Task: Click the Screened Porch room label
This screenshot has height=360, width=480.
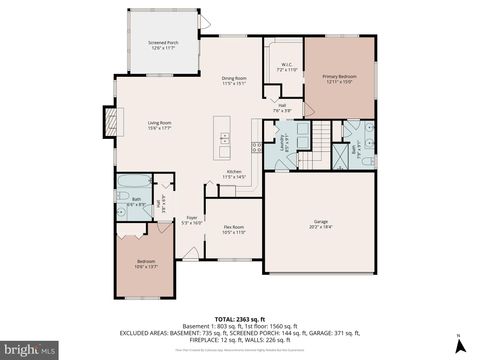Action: (163, 46)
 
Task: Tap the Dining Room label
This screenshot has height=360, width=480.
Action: (233, 81)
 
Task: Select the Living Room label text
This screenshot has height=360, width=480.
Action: (159, 124)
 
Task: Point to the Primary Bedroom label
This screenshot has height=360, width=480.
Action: (340, 78)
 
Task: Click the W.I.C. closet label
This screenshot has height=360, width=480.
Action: (285, 67)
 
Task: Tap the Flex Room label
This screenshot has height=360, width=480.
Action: (234, 230)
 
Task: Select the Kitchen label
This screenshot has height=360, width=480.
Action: (233, 174)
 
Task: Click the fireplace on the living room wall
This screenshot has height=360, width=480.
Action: (105, 125)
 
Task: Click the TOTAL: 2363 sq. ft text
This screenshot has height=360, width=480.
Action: (239, 313)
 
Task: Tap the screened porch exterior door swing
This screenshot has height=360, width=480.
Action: (203, 21)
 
